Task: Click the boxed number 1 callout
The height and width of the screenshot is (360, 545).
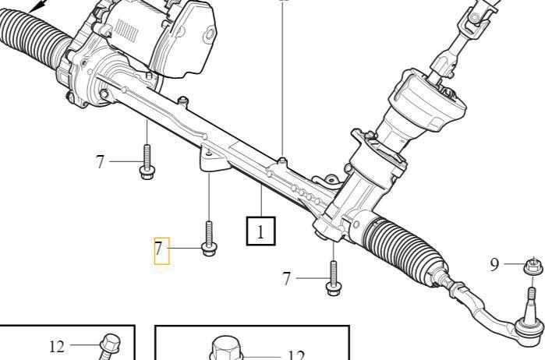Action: coord(260,231)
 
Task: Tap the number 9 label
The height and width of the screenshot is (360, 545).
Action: coord(494,264)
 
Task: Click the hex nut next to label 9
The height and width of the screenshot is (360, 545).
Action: coord(533,266)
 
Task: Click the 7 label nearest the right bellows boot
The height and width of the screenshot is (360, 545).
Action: coord(286,279)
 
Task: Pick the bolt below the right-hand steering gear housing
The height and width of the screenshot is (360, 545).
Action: coord(334,279)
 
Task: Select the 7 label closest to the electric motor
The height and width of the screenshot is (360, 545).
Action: coord(100,161)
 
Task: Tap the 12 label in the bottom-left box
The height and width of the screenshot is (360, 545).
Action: coord(57,347)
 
